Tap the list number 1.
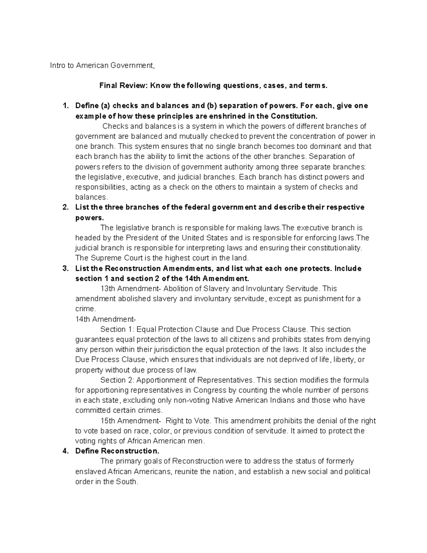pyautogui.click(x=65, y=106)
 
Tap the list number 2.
pyautogui.click(x=65, y=207)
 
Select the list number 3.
pyautogui.click(x=65, y=268)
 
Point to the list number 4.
pyautogui.click(x=65, y=451)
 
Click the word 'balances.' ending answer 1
pyautogui.click(x=91, y=197)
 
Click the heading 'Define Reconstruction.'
pyautogui.click(x=115, y=451)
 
